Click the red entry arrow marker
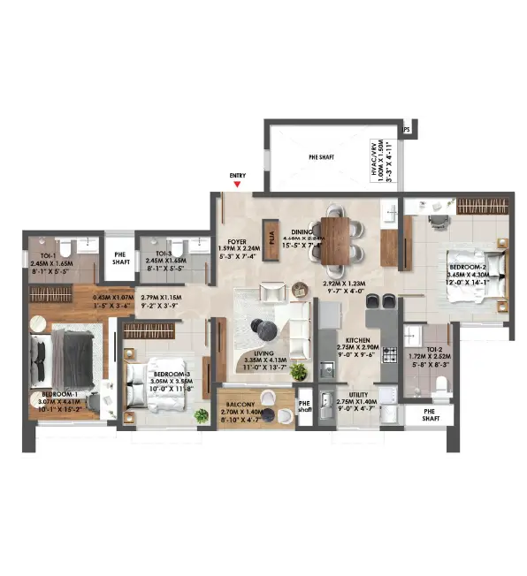(x=237, y=184)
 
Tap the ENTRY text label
(x=237, y=175)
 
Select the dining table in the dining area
(x=336, y=239)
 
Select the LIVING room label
(x=264, y=352)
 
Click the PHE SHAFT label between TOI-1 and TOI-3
(x=119, y=257)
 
